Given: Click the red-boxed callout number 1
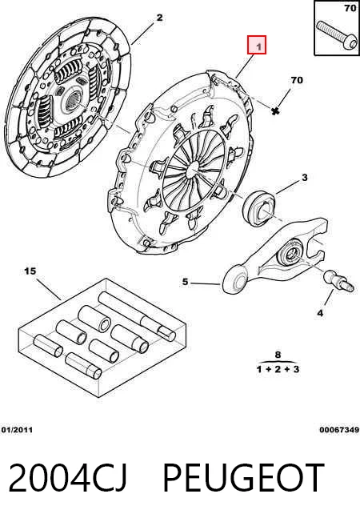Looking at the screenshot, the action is click(257, 45).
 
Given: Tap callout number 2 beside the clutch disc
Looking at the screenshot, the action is click(160, 18).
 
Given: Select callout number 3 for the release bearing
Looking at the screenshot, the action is click(305, 178).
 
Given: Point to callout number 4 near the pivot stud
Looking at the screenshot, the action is click(320, 313).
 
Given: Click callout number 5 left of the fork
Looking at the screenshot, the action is click(186, 282).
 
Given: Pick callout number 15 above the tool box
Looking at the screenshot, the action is click(30, 271).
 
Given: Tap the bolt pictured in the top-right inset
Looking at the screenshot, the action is click(335, 36).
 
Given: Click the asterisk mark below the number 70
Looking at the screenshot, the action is click(274, 111).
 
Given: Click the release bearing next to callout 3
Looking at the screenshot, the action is click(259, 207).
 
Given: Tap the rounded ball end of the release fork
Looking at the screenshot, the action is click(235, 279).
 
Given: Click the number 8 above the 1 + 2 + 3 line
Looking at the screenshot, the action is click(278, 355).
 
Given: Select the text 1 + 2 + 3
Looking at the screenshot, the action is click(278, 369).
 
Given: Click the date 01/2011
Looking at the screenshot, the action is click(17, 430).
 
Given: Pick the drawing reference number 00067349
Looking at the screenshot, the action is click(339, 430).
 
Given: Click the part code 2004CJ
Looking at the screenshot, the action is click(67, 477).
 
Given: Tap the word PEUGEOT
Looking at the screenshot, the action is click(243, 477).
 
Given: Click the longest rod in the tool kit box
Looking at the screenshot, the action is click(137, 316).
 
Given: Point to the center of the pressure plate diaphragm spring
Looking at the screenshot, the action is click(193, 170).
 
